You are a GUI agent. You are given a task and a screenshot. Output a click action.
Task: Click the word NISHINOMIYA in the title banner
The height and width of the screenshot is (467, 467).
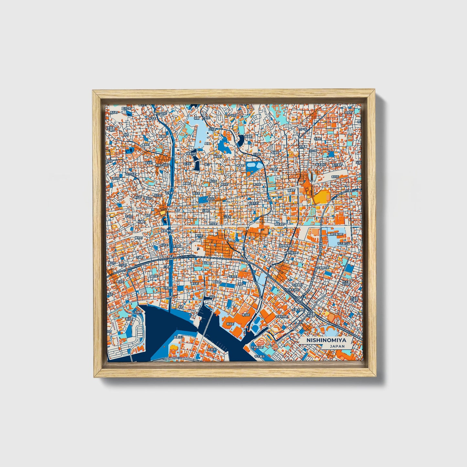(x=326, y=340)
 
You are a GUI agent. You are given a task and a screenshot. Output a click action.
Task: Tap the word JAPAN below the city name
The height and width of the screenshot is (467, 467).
(x=337, y=346)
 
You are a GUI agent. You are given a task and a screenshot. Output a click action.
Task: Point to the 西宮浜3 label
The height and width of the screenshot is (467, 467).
(x=179, y=337)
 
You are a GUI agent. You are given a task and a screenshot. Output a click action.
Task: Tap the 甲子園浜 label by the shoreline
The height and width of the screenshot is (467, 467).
(x=259, y=356)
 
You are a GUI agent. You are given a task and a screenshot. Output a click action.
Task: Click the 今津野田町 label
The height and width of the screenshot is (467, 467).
(x=323, y=268)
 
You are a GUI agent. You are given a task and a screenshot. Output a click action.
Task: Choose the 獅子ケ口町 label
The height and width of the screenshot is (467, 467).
(x=161, y=114)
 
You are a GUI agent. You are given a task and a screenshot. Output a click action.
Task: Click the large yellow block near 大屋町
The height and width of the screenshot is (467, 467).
(x=322, y=196)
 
